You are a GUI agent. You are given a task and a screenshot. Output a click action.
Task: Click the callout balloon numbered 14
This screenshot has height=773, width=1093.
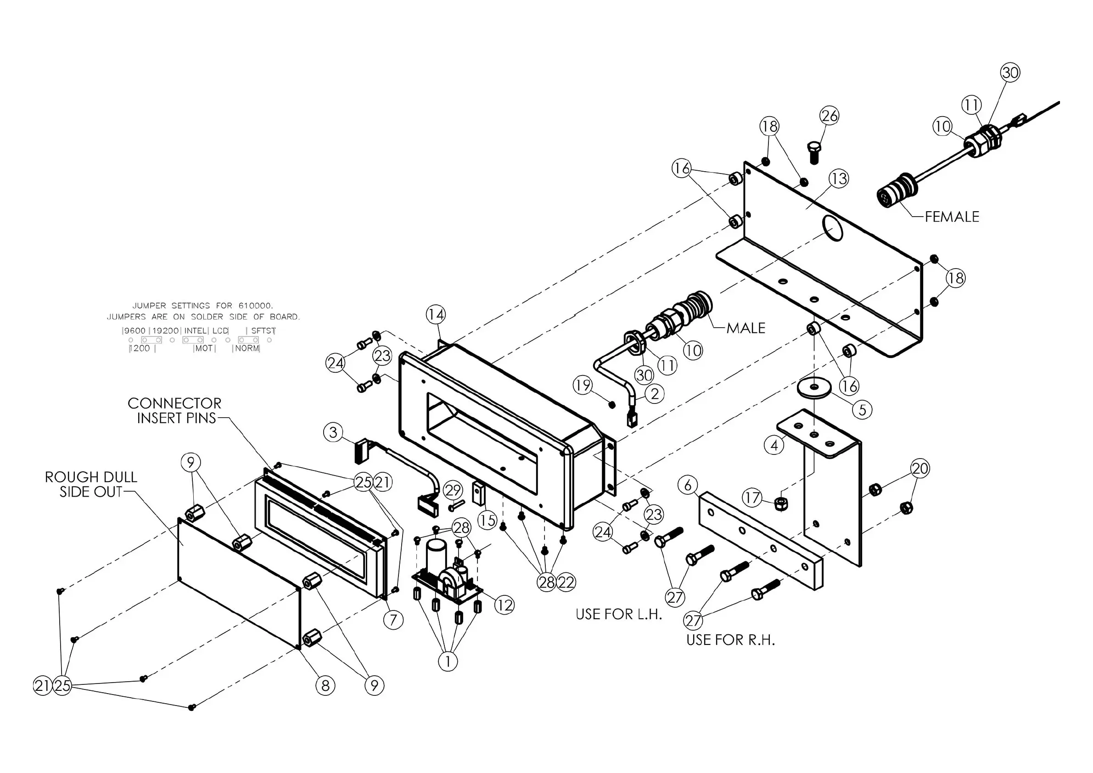(436, 314)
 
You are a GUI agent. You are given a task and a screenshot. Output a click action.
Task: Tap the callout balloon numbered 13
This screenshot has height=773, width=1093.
(838, 179)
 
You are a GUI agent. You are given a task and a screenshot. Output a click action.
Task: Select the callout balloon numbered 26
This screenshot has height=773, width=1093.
(829, 116)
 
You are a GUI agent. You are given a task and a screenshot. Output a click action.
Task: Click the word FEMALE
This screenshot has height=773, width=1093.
(952, 217)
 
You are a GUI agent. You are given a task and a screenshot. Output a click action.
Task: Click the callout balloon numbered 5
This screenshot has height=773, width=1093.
(862, 410)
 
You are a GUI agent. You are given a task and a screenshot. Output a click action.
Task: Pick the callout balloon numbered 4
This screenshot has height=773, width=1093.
(774, 445)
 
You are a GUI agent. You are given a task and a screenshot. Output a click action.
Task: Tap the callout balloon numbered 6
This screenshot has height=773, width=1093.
(687, 485)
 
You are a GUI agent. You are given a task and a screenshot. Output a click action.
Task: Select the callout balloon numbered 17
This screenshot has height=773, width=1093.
(752, 498)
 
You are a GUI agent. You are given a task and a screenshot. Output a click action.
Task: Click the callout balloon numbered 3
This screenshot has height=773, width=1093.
(333, 432)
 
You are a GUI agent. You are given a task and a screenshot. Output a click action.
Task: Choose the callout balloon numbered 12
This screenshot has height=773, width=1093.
(504, 605)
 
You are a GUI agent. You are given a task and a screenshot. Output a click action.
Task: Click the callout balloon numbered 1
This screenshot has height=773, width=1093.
(448, 661)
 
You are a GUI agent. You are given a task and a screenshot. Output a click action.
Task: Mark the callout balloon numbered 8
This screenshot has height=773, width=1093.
(325, 685)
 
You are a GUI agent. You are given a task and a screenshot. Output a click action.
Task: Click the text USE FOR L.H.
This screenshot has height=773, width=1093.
(619, 614)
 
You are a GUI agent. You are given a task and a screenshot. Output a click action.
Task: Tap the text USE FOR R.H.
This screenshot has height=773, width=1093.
(730, 640)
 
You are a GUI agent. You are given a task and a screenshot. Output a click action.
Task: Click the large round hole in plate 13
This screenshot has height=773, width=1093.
(833, 230)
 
